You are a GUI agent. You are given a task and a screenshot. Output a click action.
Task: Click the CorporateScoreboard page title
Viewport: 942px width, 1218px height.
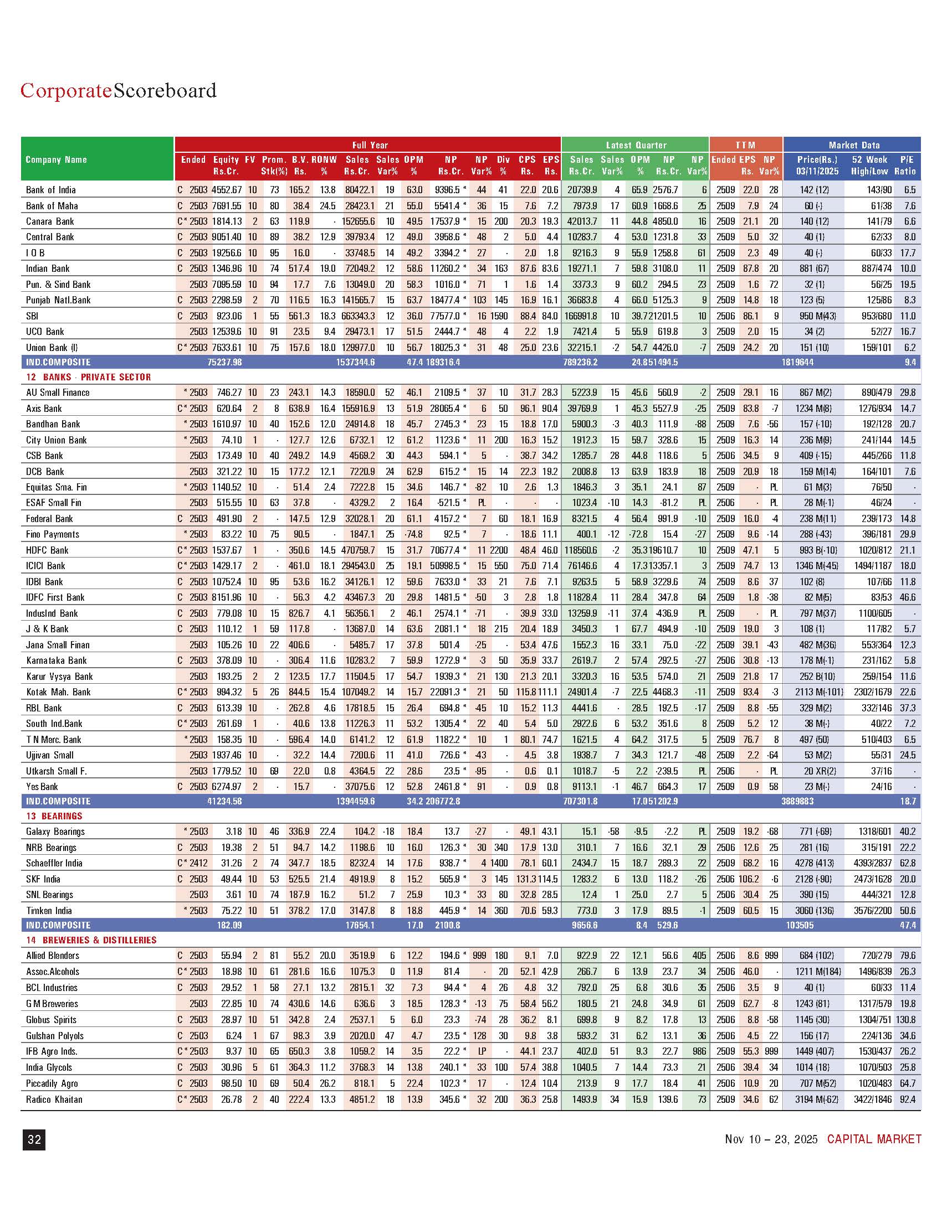pyautogui.click(x=119, y=90)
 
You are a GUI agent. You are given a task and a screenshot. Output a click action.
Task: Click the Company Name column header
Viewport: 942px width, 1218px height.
pyautogui.click(x=57, y=159)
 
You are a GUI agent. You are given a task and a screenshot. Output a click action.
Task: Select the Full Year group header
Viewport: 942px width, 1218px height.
pyautogui.click(x=370, y=145)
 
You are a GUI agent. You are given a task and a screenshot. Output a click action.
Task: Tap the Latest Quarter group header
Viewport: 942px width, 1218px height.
pyautogui.click(x=636, y=145)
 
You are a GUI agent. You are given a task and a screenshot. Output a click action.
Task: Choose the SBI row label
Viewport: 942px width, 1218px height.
pyautogui.click(x=32, y=316)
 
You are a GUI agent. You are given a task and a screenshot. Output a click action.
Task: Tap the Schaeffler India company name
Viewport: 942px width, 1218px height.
pyautogui.click(x=54, y=863)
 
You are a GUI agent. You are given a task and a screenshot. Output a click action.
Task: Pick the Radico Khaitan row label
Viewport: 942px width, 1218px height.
pyautogui.click(x=54, y=1099)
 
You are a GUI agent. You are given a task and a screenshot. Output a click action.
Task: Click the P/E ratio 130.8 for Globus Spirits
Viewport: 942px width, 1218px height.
pyautogui.click(x=907, y=1019)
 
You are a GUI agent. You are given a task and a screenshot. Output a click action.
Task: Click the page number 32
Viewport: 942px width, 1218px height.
pyautogui.click(x=34, y=1139)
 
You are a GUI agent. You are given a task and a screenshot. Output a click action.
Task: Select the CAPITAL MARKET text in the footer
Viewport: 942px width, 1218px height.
pyautogui.click(x=874, y=1139)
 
